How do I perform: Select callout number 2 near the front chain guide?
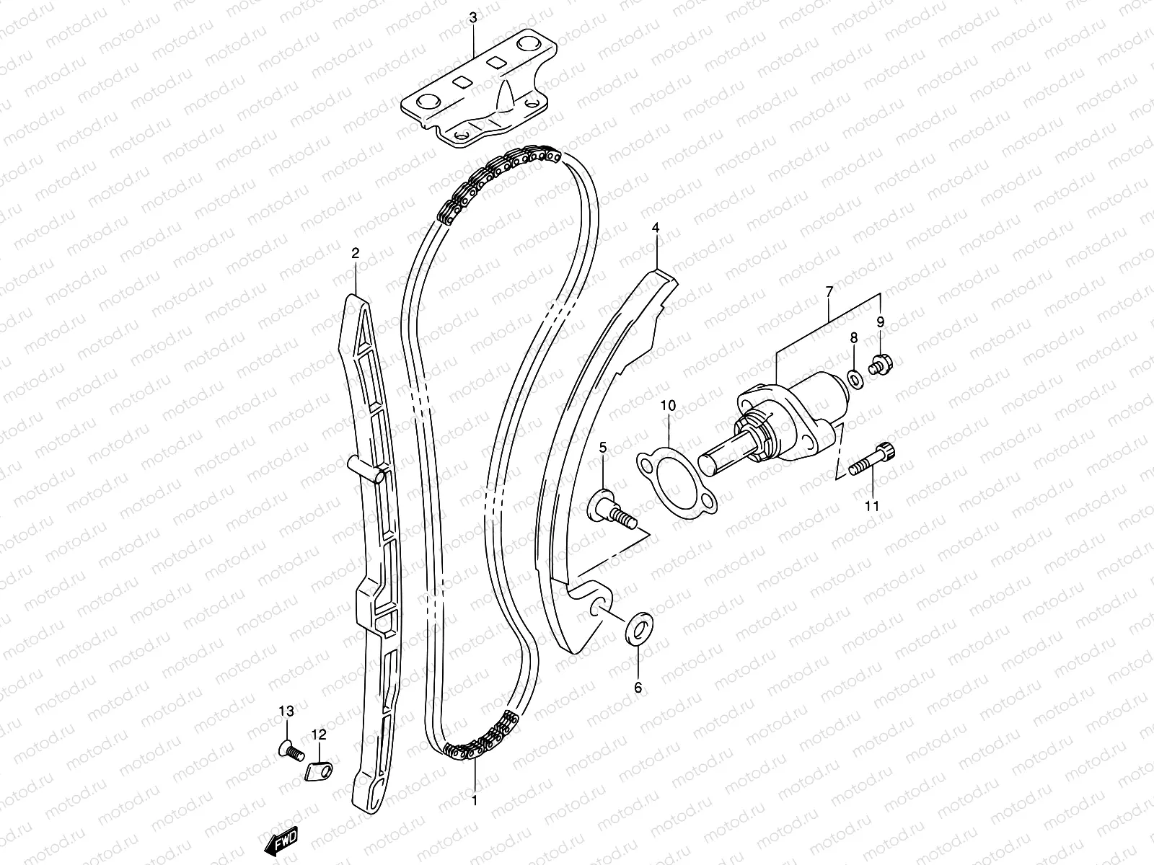355,253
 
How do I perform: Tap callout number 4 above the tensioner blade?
656,228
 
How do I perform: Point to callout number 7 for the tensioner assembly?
829,291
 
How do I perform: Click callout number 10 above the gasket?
668,406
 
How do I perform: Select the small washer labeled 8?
854,378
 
